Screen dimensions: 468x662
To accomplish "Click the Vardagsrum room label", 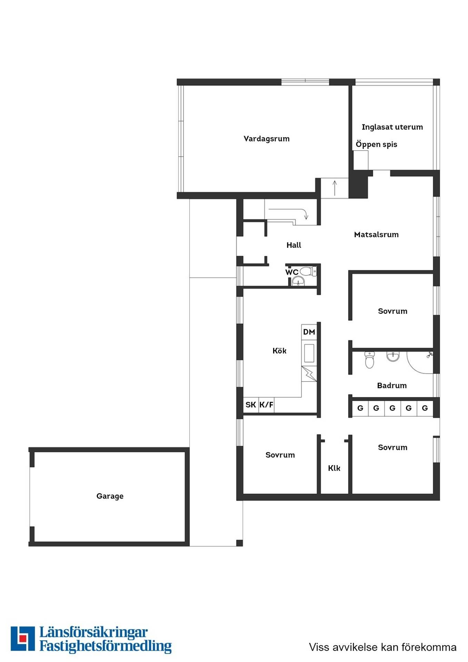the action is click(266, 139).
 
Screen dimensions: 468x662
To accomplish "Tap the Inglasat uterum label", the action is click(392, 127).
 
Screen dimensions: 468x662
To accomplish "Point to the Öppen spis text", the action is click(376, 144).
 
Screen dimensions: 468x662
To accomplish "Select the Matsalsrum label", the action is click(376, 234).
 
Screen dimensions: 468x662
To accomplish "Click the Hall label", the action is click(293, 245).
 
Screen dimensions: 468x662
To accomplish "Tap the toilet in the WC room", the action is click(308, 271).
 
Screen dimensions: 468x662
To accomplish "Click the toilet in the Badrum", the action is click(369, 360).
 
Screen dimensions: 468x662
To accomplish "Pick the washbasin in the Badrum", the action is click(393, 356).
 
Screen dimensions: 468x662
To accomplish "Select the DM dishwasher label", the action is click(309, 332).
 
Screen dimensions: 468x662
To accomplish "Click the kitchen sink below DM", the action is click(309, 353).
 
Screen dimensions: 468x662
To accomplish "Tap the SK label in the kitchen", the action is click(251, 404).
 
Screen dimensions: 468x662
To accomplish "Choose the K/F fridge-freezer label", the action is click(266, 404).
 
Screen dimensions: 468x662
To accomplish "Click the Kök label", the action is click(279, 351).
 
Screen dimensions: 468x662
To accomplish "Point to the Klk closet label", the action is click(334, 468).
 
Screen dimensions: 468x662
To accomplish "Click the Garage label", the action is click(110, 496).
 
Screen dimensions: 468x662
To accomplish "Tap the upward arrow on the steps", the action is click(335, 188).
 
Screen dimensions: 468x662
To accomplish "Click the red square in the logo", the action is click(23, 638).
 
